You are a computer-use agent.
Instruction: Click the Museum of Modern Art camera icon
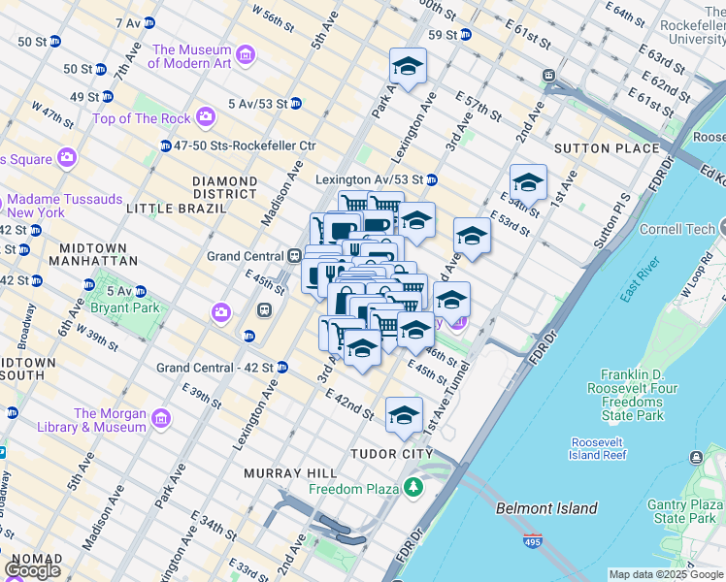pyautogui.click(x=245, y=56)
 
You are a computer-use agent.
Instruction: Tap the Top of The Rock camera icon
pyautogui.click(x=205, y=117)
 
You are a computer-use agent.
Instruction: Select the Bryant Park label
pyautogui.click(x=122, y=307)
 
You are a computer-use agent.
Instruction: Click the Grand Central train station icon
pyautogui.click(x=293, y=256)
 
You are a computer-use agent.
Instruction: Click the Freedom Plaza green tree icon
pyautogui.click(x=415, y=485)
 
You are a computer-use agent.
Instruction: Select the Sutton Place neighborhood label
pyautogui.click(x=606, y=148)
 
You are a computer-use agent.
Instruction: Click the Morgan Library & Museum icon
pyautogui.click(x=160, y=419)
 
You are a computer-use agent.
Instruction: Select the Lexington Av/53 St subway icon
pyautogui.click(x=431, y=179)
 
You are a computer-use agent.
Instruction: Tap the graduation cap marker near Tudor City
pyautogui.click(x=404, y=415)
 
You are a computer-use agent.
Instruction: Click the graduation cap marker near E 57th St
pyautogui.click(x=409, y=67)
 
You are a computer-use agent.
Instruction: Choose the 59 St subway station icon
pyautogui.click(x=466, y=35)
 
